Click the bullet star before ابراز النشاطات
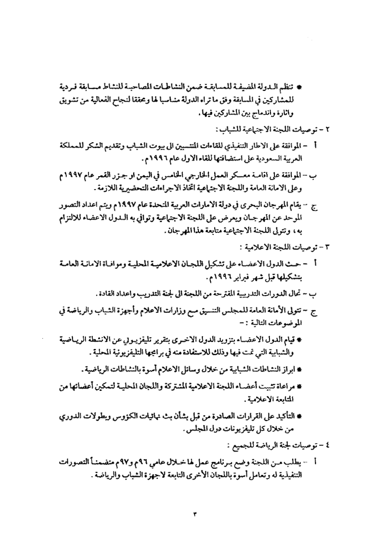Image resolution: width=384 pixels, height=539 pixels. [300, 369]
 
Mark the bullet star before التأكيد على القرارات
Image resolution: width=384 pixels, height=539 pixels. [300, 418]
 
